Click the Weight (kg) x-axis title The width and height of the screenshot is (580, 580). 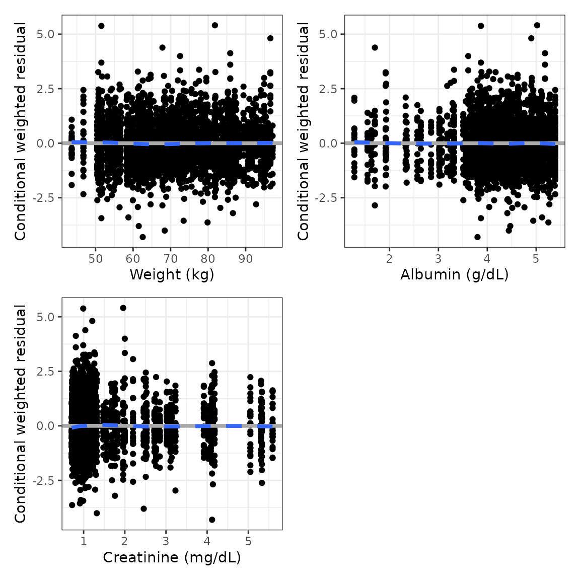[x=172, y=275]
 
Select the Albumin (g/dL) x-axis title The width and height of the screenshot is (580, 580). [x=454, y=275]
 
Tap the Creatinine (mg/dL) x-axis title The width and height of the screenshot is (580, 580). [x=172, y=558]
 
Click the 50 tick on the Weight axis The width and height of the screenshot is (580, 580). [x=95, y=259]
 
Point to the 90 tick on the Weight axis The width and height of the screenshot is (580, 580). [x=245, y=259]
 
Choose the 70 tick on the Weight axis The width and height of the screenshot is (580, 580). [x=170, y=259]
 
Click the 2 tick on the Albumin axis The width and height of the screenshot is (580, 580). [x=389, y=259]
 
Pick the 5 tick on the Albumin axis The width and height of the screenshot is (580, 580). [x=536, y=259]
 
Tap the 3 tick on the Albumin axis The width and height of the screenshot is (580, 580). [x=438, y=259]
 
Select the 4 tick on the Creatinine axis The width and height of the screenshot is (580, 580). [x=207, y=542]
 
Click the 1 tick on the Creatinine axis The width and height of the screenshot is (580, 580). [x=84, y=542]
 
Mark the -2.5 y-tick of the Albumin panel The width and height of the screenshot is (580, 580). [x=328, y=198]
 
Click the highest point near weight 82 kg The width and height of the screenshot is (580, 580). [x=214, y=25]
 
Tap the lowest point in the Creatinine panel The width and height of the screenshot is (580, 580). [x=212, y=520]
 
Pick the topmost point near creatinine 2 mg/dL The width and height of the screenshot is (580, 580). [x=123, y=308]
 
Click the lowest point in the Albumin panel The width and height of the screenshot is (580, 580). [x=477, y=237]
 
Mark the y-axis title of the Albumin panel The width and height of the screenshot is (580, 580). [x=303, y=131]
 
